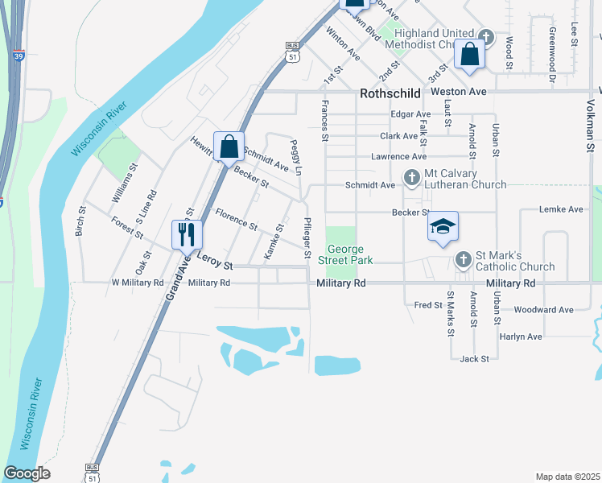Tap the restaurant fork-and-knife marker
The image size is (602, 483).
[187, 234]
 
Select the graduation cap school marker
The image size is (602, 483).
[442, 227]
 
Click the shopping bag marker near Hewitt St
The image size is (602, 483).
[229, 147]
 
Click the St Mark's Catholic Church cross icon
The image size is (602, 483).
[463, 259]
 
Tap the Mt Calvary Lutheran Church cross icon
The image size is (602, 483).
[411, 178]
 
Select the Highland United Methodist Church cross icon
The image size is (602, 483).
[485, 36]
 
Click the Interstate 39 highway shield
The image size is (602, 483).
[19, 56]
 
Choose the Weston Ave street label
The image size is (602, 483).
[459, 93]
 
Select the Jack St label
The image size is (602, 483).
[474, 358]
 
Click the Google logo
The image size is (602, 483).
[27, 473]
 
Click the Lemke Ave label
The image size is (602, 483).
[563, 209]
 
